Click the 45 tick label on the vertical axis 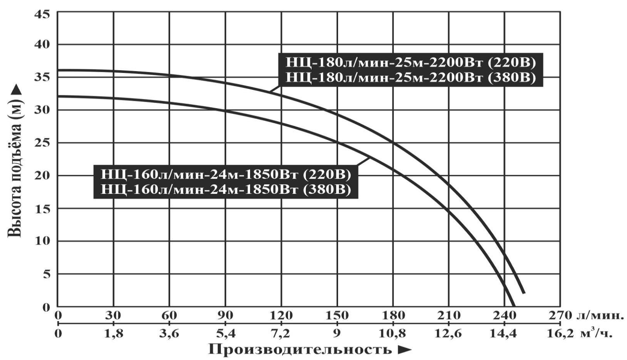tap(42, 14)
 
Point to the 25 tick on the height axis tap(42, 143)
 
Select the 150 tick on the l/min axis tap(337, 316)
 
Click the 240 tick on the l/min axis tap(505, 316)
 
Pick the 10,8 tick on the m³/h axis tap(393, 334)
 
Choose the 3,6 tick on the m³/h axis tap(169, 334)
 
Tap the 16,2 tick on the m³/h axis tap(560, 334)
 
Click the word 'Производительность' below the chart tap(300, 350)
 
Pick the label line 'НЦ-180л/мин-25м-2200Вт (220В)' tap(410, 63)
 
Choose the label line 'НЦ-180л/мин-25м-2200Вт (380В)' tap(410, 78)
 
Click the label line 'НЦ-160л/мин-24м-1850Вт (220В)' tap(226, 174)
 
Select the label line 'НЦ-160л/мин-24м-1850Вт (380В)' tap(226, 189)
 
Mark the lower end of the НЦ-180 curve tap(524, 293)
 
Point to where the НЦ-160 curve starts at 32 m tap(58, 96)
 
